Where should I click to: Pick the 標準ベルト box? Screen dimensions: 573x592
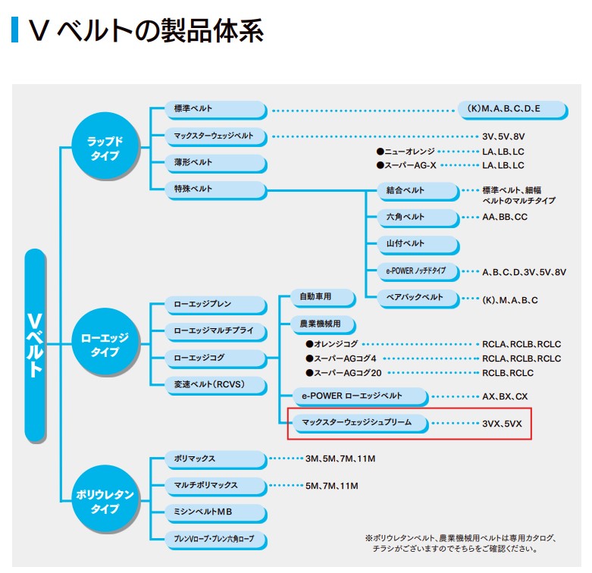coord(216,109)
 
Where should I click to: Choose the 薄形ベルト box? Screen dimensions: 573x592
coord(216,162)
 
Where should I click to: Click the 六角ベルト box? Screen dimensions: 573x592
coord(418,217)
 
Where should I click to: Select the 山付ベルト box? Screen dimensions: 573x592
coord(418,243)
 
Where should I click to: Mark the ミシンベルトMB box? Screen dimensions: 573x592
coord(216,512)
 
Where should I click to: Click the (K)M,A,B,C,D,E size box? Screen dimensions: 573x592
coord(512,109)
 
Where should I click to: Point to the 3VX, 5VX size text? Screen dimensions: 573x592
coord(502,423)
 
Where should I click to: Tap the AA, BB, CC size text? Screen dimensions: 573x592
coord(505,217)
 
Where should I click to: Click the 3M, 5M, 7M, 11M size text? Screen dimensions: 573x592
coord(340,459)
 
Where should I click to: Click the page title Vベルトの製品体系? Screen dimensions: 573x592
coord(145,31)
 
